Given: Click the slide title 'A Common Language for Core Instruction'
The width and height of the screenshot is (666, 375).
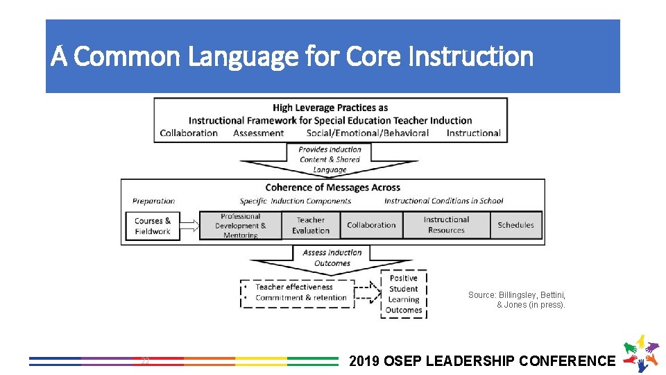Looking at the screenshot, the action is tap(292, 57).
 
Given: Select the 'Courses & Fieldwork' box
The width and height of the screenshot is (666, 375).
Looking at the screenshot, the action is tap(153, 226).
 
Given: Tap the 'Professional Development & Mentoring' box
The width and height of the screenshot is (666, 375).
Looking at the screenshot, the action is tap(240, 226).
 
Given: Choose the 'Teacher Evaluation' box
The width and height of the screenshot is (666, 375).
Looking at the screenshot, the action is tap(310, 225).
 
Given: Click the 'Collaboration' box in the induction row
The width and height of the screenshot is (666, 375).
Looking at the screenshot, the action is tap(371, 225).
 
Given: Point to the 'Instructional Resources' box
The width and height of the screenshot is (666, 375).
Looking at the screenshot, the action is tap(446, 225).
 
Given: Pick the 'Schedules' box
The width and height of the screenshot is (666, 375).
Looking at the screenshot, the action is tap(515, 225).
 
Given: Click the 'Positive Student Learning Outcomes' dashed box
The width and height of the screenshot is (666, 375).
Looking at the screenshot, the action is tap(404, 294).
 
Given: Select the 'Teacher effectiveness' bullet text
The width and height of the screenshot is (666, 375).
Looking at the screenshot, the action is tap(294, 287).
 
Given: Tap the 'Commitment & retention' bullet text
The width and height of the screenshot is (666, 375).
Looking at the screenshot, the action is tap(301, 298).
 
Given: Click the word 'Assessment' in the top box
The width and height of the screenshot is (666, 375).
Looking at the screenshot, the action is tap(259, 133).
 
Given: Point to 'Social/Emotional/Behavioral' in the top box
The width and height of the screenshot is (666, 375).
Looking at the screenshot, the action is tap(368, 133).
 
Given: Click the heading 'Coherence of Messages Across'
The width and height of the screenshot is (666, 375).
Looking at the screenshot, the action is tap(332, 187).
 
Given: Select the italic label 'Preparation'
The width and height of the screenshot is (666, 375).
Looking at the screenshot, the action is tap(153, 201).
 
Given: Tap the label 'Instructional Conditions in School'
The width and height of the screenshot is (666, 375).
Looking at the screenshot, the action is tap(443, 201).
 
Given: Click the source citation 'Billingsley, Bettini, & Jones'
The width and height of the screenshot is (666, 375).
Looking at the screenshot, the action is tap(517, 300).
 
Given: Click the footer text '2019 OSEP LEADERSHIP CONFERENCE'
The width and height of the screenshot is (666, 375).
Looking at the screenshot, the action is tap(482, 360).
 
